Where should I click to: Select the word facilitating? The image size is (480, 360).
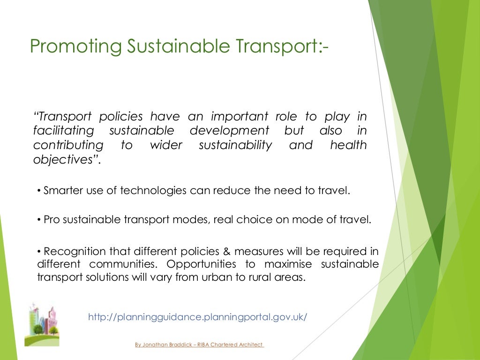pos(63,130)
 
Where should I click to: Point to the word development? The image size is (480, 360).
pos(229,130)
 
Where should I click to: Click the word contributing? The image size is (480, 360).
pos(68,145)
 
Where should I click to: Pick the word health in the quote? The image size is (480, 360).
pos(348,145)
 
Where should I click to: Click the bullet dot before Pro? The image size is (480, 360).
pos(39,220)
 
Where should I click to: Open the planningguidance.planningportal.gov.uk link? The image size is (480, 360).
pos(197,317)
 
